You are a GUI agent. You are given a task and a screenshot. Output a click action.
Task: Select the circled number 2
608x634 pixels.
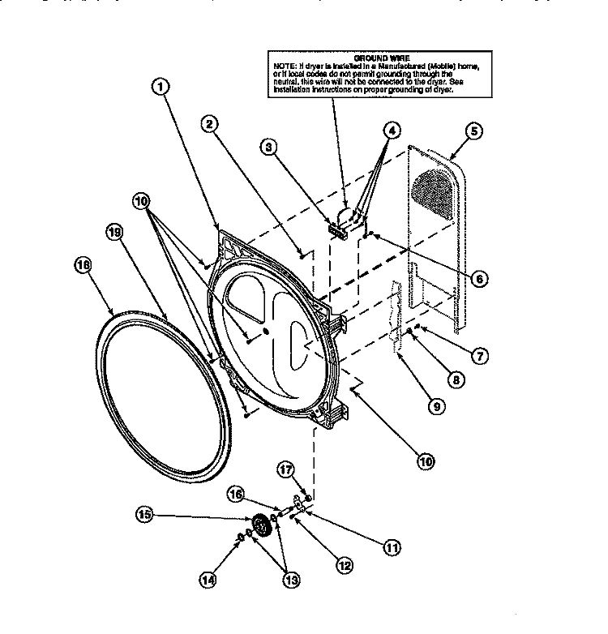click(209, 124)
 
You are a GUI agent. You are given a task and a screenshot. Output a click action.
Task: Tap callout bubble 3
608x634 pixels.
click(269, 147)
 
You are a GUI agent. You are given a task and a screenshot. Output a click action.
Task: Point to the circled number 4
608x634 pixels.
click(391, 129)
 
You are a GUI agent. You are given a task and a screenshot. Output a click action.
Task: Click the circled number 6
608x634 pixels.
click(478, 279)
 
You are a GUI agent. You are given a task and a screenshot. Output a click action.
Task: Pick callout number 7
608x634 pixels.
click(478, 355)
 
